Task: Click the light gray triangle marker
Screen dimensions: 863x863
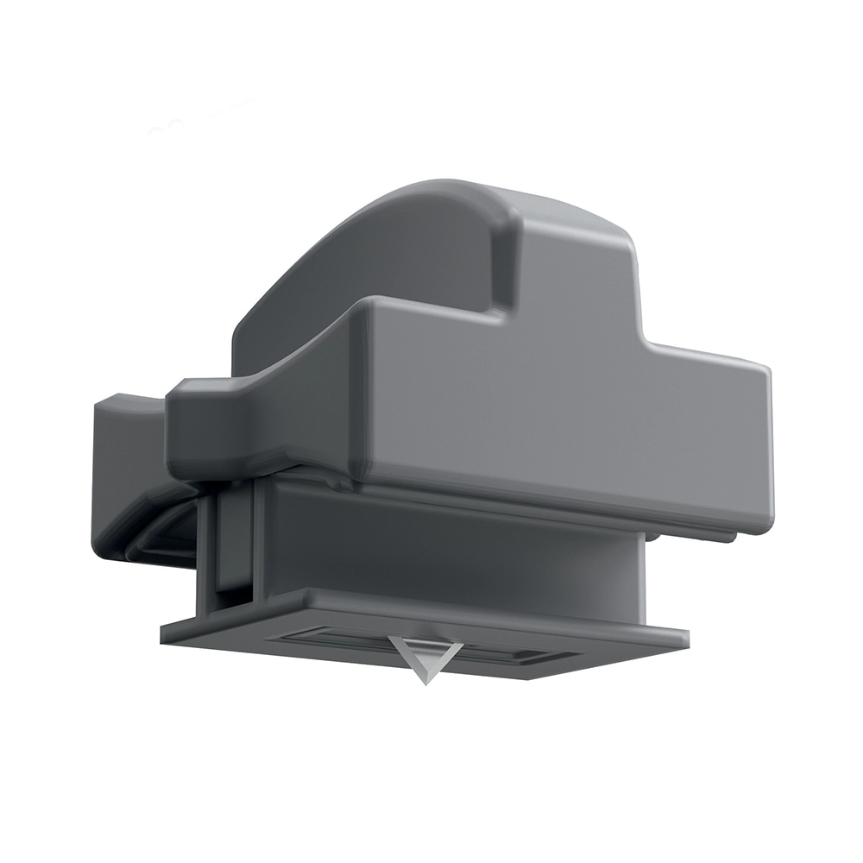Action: (424, 654)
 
